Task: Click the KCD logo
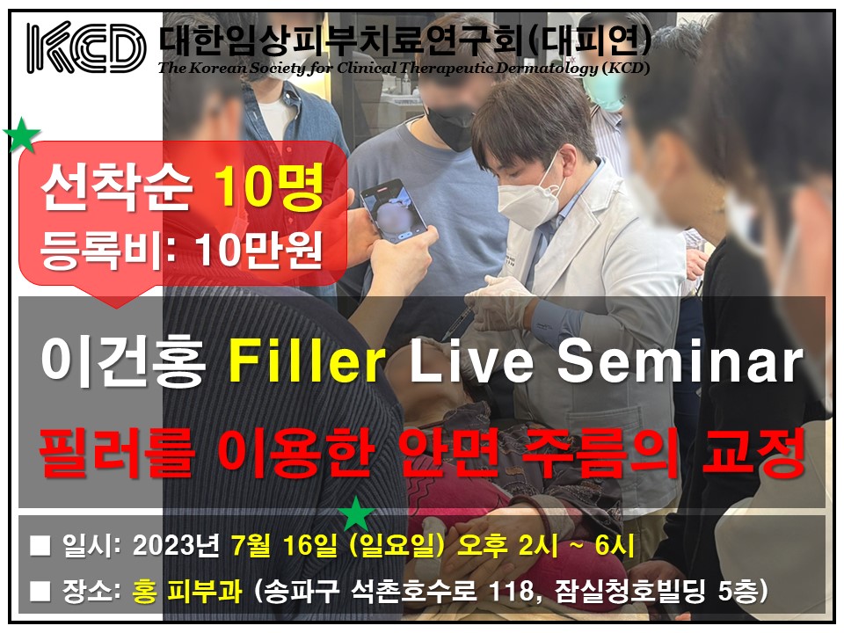click(87, 47)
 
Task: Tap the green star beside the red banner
click(21, 135)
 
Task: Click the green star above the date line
click(356, 514)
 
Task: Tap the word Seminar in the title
click(680, 360)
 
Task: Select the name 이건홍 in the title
click(124, 361)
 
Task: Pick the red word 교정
click(753, 452)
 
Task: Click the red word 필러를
click(115, 452)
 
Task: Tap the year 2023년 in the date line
click(176, 545)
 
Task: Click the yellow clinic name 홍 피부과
click(186, 591)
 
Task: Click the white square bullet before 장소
click(40, 591)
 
